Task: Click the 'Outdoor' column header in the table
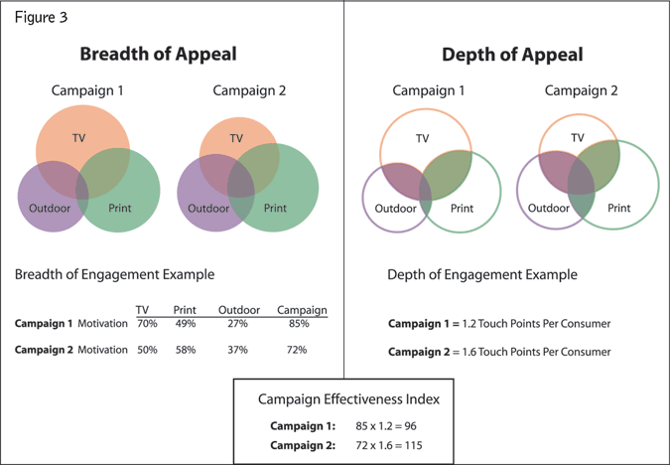point(238,310)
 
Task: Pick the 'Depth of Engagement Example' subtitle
point(482,274)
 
